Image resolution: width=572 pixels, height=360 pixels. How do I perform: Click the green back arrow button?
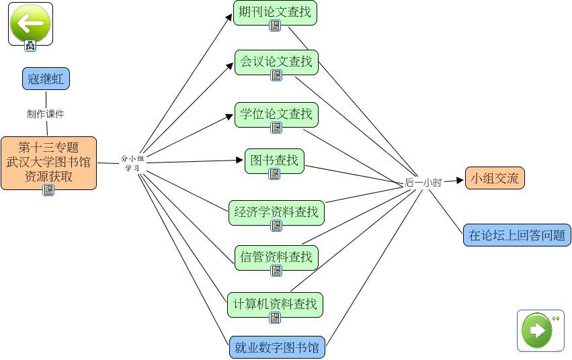(30, 24)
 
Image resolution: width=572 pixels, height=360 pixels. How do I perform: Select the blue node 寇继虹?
(46, 78)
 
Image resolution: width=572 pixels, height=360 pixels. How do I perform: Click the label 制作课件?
(46, 114)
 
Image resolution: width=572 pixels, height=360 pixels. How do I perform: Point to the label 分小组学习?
(132, 163)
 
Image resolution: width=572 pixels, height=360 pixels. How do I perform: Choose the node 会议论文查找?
(276, 62)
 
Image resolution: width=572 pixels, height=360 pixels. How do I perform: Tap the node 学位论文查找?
(276, 114)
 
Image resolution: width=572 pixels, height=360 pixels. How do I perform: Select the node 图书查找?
(274, 161)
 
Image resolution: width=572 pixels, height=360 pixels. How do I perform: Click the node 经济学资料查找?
(276, 213)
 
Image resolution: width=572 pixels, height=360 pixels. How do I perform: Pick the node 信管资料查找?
(276, 257)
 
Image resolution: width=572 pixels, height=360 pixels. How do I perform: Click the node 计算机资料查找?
(275, 304)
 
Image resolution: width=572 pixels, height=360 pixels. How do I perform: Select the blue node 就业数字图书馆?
(277, 348)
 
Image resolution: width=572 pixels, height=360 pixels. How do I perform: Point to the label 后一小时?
(423, 182)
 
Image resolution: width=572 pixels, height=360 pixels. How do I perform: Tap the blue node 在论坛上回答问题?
(517, 235)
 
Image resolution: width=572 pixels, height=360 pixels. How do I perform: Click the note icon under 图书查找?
(274, 174)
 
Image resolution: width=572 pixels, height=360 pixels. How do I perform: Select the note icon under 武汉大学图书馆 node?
(48, 190)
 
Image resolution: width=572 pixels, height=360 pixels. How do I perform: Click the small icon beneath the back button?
(30, 46)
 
